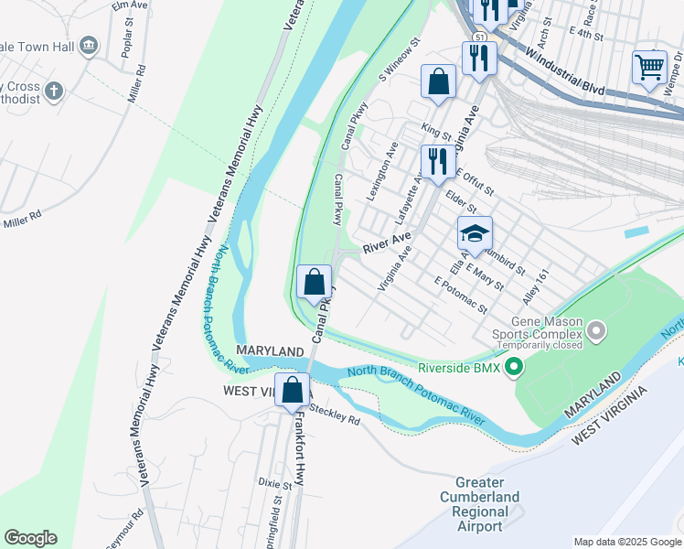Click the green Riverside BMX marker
click(x=514, y=368)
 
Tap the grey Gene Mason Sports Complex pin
click(x=597, y=329)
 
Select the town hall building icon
click(x=89, y=45)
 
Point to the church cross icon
click(x=54, y=91)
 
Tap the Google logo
click(x=30, y=538)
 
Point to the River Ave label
click(x=386, y=243)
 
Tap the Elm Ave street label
click(x=129, y=6)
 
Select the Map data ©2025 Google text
click(x=626, y=542)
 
